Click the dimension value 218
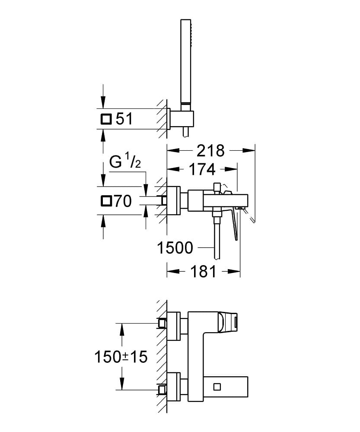click(210, 151)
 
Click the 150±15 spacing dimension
click(121, 357)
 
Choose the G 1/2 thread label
click(125, 162)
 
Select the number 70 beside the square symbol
click(123, 201)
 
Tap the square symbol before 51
click(106, 119)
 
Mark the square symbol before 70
click(106, 201)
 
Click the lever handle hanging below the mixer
click(235, 224)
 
